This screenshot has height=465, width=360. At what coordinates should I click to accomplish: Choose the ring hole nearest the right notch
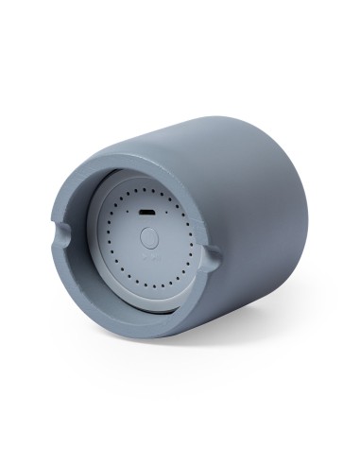tap(192, 258)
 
